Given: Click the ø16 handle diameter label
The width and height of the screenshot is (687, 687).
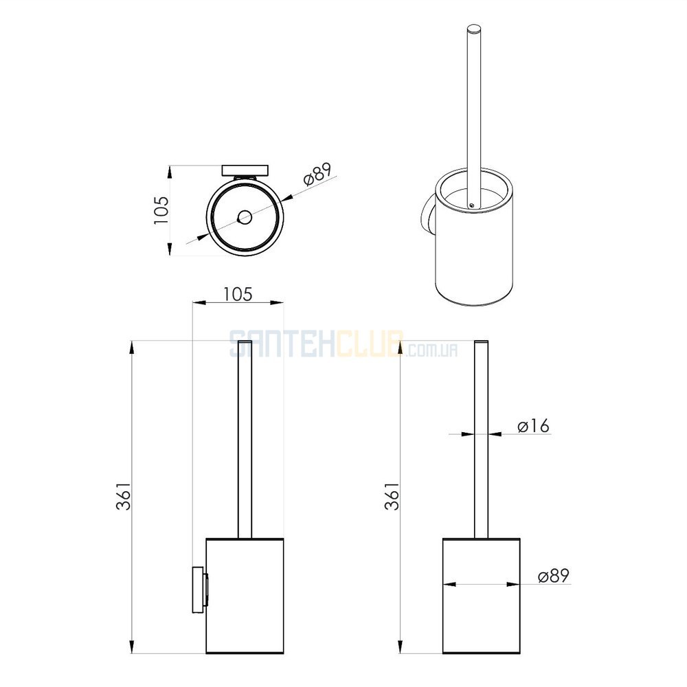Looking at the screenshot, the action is tap(533, 426).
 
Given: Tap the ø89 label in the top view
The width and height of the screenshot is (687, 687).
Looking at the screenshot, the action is tap(317, 174).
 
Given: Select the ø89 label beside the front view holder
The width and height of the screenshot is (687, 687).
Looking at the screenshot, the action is tap(554, 576).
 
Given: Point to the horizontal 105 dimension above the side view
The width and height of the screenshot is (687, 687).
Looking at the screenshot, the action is tap(238, 294).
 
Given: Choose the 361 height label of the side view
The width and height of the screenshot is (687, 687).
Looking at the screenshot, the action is tap(124, 497).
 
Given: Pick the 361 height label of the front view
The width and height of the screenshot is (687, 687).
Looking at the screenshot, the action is tap(392, 497).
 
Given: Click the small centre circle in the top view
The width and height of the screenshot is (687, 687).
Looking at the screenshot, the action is tap(244, 217).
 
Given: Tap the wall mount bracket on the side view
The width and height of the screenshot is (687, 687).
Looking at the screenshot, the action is tap(199, 589).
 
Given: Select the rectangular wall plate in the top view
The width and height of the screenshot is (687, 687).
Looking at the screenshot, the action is tap(245, 170).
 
